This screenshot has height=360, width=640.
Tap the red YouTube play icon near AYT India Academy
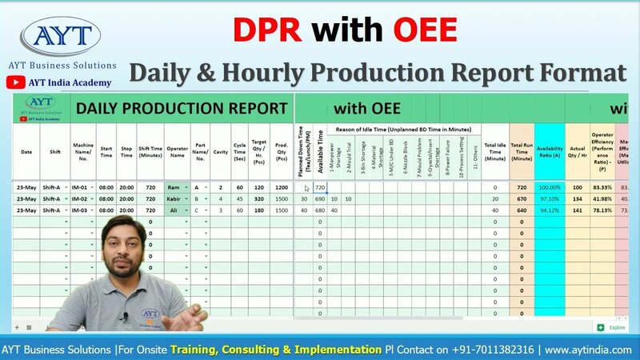point(14,82)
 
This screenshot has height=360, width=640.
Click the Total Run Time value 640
point(521,210)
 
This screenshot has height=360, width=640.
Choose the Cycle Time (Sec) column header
point(239,151)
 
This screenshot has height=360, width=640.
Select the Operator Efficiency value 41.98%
point(602,198)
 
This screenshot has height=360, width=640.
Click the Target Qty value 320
point(258,198)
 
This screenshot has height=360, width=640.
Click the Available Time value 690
point(320,198)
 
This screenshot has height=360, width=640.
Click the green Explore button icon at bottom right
point(599,327)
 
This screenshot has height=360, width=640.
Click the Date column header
point(26,151)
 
